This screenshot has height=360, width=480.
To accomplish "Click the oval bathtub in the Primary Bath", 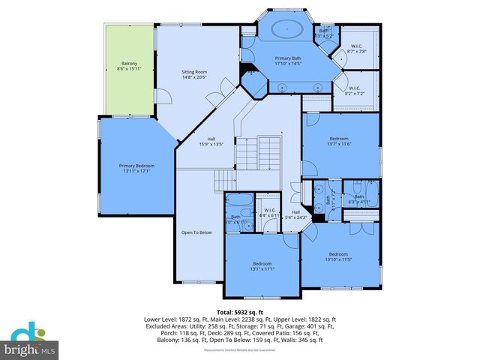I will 286,30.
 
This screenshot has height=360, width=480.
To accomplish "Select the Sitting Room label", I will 194,75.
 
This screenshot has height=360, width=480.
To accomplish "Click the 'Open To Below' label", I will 196,232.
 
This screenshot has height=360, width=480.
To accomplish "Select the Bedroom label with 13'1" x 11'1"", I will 262,266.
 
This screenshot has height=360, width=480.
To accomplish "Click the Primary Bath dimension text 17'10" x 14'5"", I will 287,64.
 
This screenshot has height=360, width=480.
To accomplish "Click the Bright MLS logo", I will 30,340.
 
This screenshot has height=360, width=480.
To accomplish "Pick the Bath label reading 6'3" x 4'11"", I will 359,200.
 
